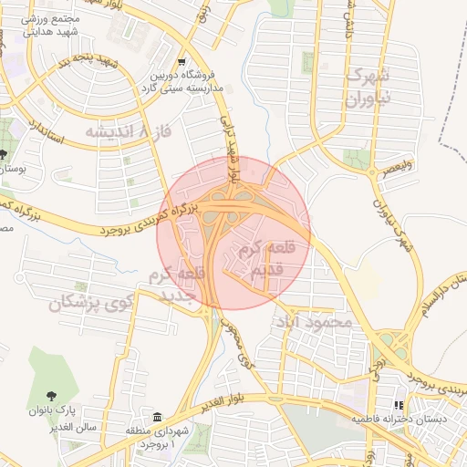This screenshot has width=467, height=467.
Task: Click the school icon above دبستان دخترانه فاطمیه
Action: pos(398,405)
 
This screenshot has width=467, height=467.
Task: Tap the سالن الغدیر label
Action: pos(54,424)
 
